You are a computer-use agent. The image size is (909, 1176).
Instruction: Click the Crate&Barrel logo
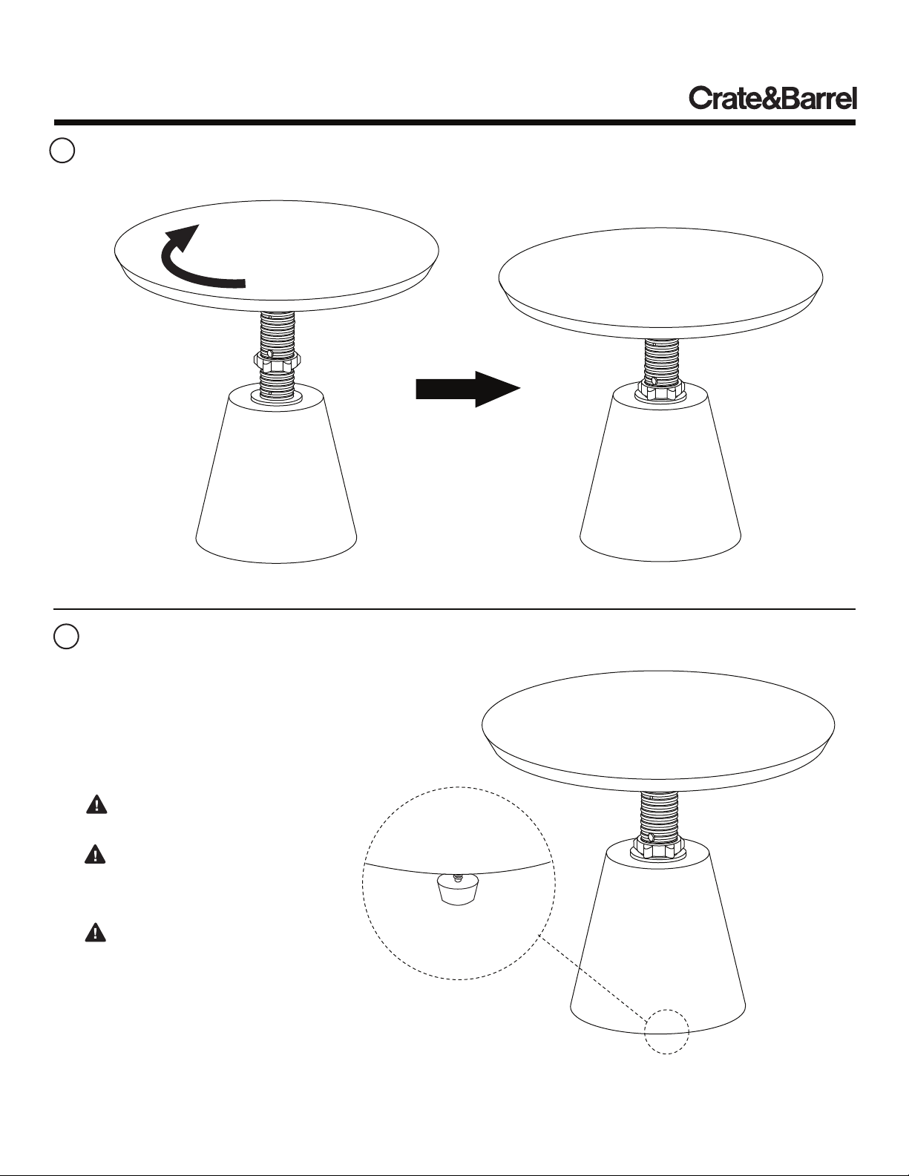pos(772,99)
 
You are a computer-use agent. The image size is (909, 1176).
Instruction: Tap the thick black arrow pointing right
pos(468,389)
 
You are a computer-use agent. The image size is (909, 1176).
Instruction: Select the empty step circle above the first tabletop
pos(62,151)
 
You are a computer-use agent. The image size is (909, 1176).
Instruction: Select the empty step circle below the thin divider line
pos(66,637)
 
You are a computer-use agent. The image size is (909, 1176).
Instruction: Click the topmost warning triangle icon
pos(96,804)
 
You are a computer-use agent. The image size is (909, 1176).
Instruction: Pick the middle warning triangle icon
pos(95,854)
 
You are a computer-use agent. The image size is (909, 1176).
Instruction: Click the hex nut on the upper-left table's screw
pos(277,359)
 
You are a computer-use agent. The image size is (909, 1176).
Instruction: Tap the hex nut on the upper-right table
pos(660,388)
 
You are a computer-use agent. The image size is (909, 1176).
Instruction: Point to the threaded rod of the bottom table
pos(656,815)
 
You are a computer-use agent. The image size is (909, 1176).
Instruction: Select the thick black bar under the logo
pos(454,122)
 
